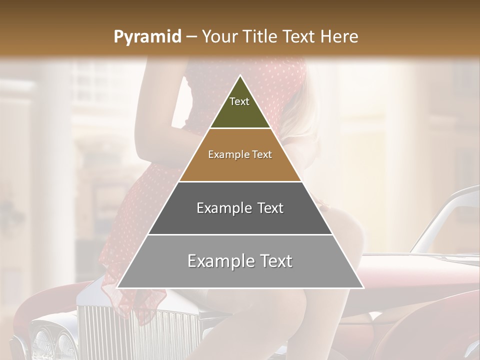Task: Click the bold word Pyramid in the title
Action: point(147,37)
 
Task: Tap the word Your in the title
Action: point(221,37)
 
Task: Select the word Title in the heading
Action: point(262,37)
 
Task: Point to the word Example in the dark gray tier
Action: point(219,208)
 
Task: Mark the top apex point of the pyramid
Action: point(240,75)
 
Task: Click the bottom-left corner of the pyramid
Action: point(117,287)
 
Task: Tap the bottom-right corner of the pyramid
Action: point(363,287)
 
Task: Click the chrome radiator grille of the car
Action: point(135,330)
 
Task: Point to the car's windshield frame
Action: point(440,215)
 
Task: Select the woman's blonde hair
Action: point(305,120)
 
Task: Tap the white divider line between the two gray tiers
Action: point(240,234)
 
